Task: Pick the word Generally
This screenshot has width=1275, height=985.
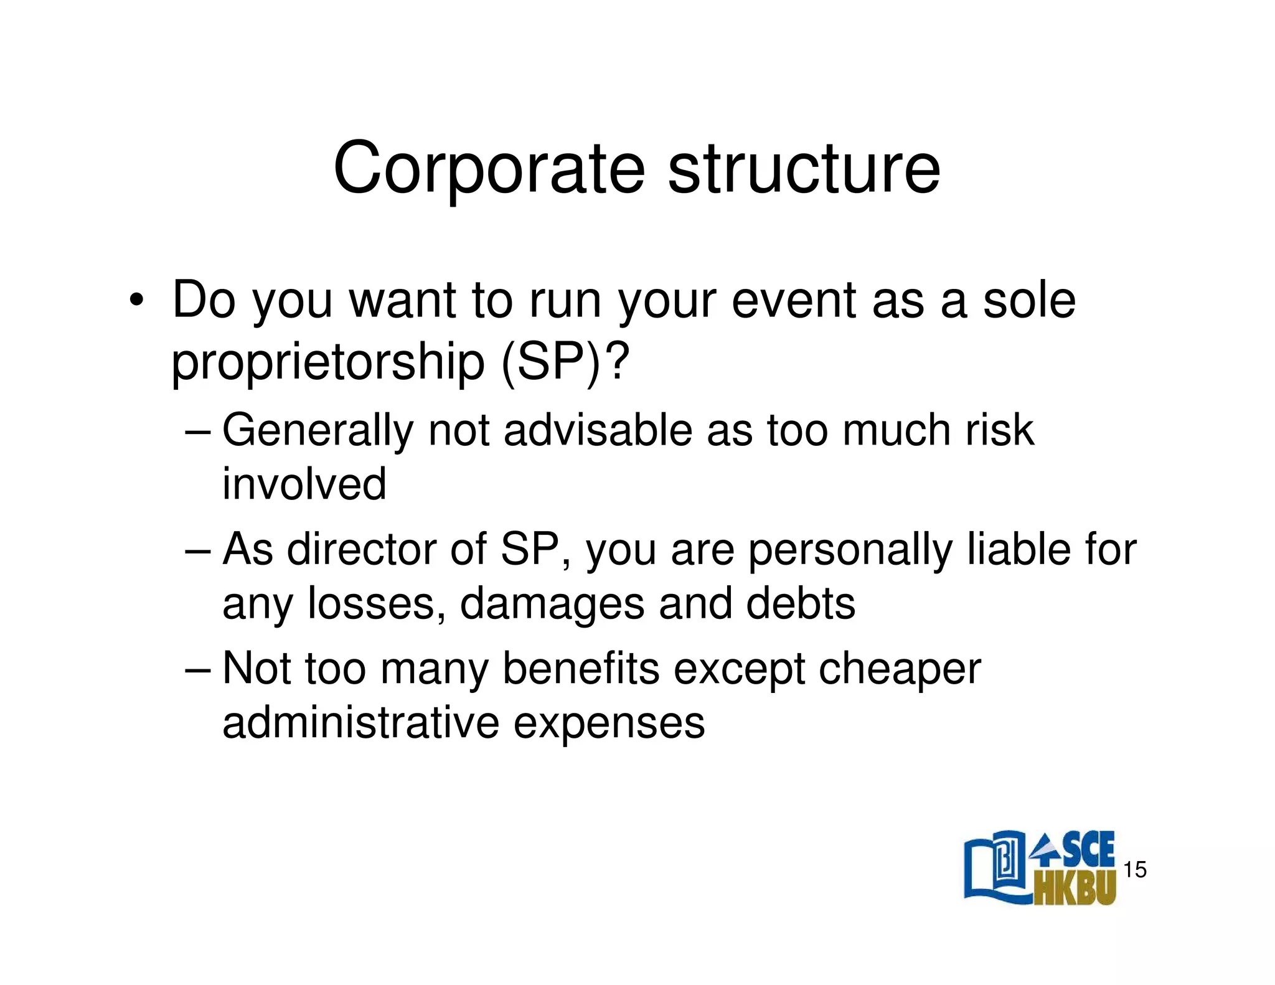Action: coord(318,431)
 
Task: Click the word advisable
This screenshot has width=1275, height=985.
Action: coord(597,431)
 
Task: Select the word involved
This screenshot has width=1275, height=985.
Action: coord(304,484)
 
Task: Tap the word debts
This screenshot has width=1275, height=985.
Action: coord(801,604)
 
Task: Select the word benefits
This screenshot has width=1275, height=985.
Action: coord(580,669)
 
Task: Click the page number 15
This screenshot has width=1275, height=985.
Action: coord(1134,870)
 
